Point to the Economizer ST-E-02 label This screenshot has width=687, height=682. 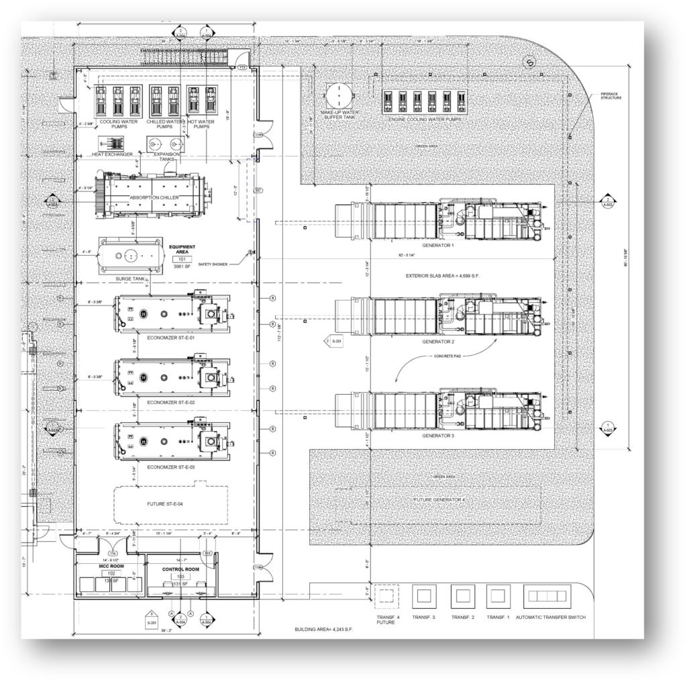[x=172, y=402]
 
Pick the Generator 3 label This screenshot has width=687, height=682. [x=438, y=436]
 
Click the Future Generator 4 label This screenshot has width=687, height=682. [x=439, y=500]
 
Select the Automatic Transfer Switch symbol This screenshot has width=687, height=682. [x=547, y=595]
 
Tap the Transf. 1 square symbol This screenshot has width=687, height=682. [x=498, y=595]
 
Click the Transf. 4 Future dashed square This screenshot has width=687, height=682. [x=386, y=596]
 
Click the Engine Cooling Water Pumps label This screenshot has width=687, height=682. [x=425, y=119]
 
